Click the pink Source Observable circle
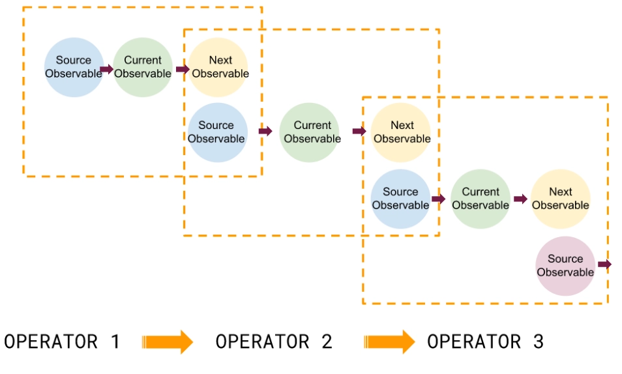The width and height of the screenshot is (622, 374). click(565, 265)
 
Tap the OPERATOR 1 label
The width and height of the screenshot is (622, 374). click(62, 341)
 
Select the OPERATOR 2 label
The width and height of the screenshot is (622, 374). click(274, 341)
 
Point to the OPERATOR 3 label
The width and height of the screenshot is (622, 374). click(485, 341)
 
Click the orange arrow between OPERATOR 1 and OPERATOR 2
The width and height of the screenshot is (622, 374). click(168, 341)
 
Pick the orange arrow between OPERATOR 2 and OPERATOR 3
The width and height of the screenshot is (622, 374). click(389, 341)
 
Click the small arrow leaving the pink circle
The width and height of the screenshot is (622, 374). click(604, 265)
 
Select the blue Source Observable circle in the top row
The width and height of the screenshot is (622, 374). click(74, 67)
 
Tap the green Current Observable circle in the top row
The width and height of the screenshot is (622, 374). click(143, 67)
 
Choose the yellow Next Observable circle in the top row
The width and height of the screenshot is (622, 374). click(220, 67)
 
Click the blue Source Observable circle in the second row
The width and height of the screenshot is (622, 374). click(217, 132)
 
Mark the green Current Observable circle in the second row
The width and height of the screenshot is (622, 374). click(312, 132)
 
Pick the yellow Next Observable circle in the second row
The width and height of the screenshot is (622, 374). click(402, 132)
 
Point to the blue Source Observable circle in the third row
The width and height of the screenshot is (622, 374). click(400, 199)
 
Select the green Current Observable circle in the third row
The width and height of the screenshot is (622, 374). click(481, 199)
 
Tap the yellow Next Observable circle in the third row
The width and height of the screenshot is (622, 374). click(560, 199)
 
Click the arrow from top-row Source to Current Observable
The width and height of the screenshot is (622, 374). click(107, 68)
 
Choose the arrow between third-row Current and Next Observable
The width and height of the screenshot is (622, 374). click(520, 199)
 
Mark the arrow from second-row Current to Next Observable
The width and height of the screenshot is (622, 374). click(359, 132)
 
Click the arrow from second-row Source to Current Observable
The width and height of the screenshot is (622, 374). click(265, 131)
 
